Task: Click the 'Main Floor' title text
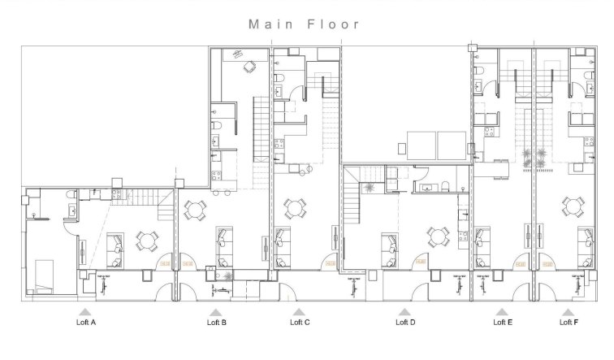pyautogui.click(x=304, y=24)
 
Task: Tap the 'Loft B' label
pyautogui.click(x=216, y=323)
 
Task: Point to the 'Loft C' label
pyautogui.click(x=300, y=323)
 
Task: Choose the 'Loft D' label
pyautogui.click(x=405, y=323)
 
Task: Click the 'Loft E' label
pyautogui.click(x=503, y=323)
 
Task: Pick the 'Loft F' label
pyautogui.click(x=569, y=323)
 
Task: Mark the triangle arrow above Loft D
pyautogui.click(x=404, y=311)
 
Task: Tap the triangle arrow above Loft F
pyautogui.click(x=569, y=311)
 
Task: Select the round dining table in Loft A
pyautogui.click(x=147, y=240)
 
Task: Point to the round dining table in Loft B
pyautogui.click(x=195, y=211)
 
